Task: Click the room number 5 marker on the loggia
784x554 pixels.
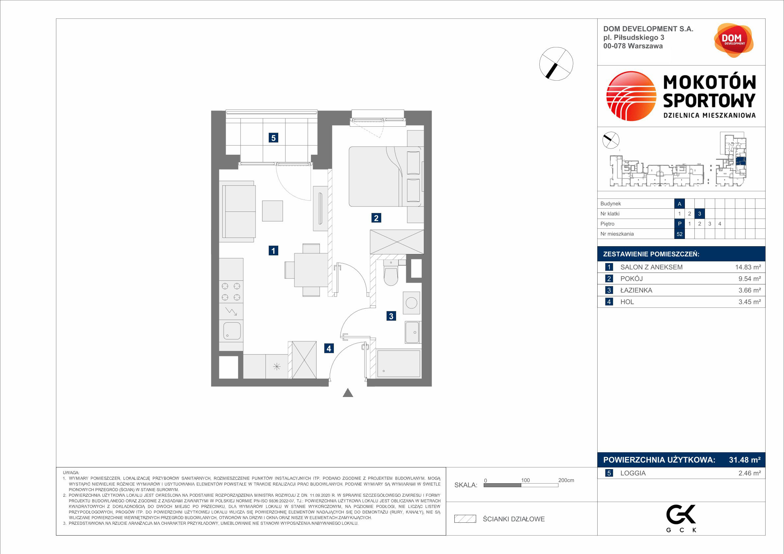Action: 273,138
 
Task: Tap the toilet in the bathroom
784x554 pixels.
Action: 391,274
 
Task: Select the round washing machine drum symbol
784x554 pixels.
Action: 412,303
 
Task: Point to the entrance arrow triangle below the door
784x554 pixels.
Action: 348,393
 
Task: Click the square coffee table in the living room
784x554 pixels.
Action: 272,211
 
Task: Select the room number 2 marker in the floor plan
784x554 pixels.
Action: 376,218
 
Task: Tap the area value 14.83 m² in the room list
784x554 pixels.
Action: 748,267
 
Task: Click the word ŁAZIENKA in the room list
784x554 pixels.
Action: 636,290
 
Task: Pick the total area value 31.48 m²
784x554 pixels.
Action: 745,460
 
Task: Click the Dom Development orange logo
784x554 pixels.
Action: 734,40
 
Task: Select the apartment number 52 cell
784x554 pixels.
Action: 680,234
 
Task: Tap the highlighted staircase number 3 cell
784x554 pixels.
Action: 700,214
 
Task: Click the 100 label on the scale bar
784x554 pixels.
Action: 525,480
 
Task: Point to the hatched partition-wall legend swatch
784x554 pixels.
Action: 465,519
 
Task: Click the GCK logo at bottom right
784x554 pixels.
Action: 681,518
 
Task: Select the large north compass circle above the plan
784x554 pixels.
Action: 556,64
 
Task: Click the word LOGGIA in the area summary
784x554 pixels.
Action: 633,473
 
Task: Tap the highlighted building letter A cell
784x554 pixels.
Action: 680,204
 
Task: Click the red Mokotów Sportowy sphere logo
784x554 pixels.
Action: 631,96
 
